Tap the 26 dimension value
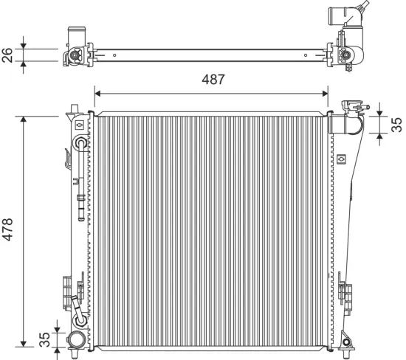(10, 54)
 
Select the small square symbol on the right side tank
(341, 158)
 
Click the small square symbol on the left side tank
(79, 125)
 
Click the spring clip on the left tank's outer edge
(68, 158)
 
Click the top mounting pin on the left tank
(73, 108)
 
